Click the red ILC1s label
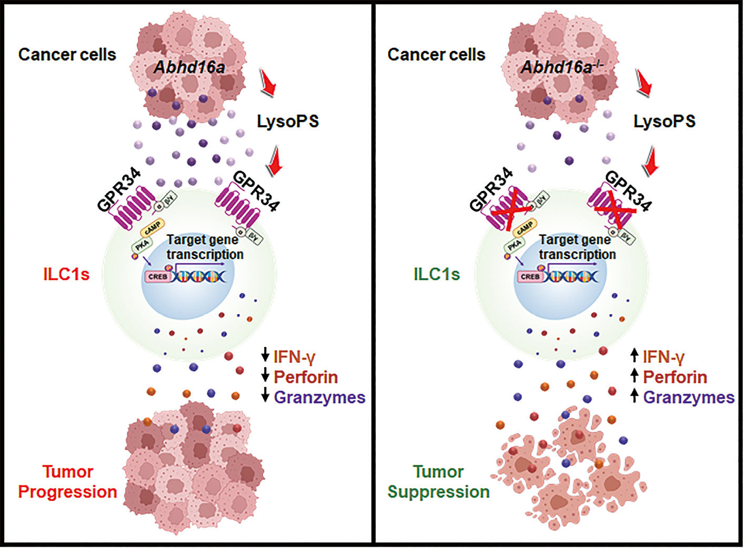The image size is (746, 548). click(x=66, y=274)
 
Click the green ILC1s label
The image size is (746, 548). click(x=437, y=274)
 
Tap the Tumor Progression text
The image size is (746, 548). click(x=67, y=482)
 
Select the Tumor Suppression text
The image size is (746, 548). click(x=438, y=482)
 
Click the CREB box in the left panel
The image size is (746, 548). click(x=158, y=276)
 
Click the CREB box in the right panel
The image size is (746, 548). click(x=530, y=276)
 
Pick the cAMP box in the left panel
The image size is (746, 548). click(x=153, y=228)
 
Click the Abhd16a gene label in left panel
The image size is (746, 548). click(x=189, y=67)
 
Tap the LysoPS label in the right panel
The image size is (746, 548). click(x=664, y=122)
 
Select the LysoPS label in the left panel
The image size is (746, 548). click(x=288, y=122)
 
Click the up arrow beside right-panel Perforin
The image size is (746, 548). click(x=634, y=376)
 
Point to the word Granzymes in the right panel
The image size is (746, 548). click(x=689, y=397)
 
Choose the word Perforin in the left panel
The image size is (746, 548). click(x=306, y=377)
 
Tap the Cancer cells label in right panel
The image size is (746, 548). click(x=436, y=55)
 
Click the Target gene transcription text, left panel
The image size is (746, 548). click(x=204, y=247)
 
